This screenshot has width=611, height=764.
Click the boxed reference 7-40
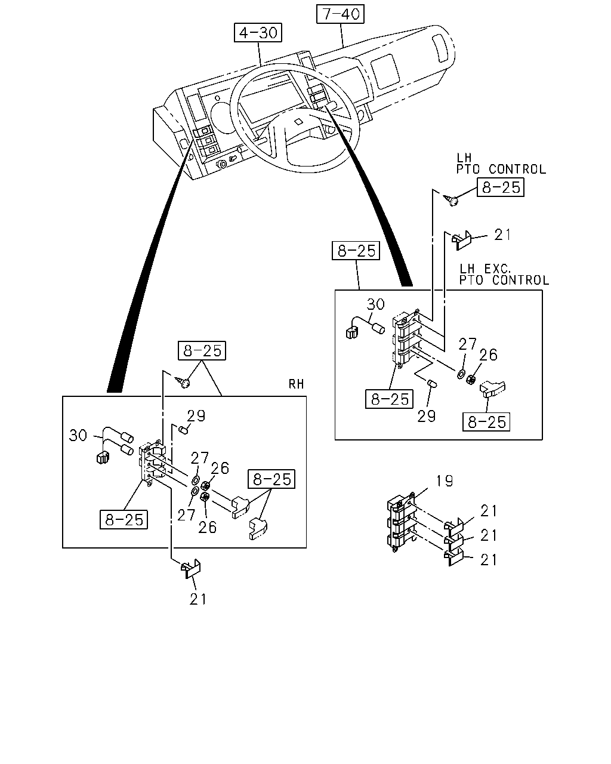coord(340,14)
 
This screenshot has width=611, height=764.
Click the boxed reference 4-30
coord(258,33)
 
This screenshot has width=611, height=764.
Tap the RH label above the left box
coord(296,384)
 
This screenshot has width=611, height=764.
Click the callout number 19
coord(444,481)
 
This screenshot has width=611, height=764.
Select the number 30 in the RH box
coord(78,436)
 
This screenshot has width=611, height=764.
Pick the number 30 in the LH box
coord(376,304)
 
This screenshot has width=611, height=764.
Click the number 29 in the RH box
coord(196,416)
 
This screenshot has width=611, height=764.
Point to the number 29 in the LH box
coord(427,417)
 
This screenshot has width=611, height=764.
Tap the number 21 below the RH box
coord(198,600)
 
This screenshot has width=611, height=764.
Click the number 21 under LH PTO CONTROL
coord(503,235)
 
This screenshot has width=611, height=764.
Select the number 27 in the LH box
coord(467,344)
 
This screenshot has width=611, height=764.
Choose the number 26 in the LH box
coord(489,355)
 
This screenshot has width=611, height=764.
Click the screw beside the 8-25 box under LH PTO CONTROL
coord(451,201)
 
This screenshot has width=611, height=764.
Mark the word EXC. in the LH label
coord(498,269)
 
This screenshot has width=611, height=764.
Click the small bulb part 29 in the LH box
coord(432,383)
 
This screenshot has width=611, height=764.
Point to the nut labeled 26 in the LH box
coord(471,380)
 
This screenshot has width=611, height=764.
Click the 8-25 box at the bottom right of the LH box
coord(486,422)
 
